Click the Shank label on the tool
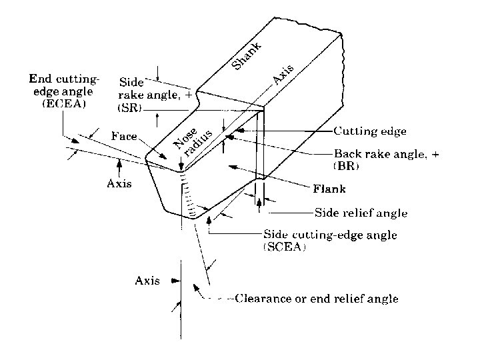[247, 55]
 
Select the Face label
[123, 136]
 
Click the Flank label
[329, 189]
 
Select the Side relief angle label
[360, 213]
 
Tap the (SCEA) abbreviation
[285, 247]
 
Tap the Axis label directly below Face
[120, 183]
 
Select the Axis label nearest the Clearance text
[147, 281]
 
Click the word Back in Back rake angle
[347, 153]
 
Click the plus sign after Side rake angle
[197, 95]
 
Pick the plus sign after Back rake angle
[435, 153]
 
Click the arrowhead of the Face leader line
[167, 158]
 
